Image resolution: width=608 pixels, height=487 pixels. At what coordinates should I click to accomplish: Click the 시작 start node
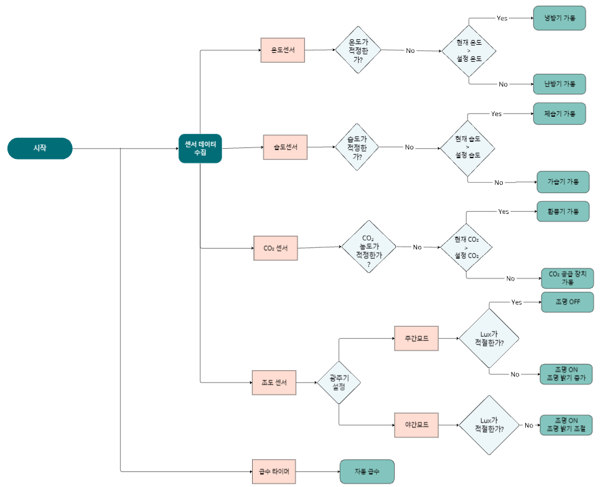point(40,148)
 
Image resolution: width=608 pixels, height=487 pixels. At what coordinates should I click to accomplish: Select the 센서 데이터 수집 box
point(200,149)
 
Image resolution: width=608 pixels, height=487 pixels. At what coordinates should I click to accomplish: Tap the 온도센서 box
point(283,50)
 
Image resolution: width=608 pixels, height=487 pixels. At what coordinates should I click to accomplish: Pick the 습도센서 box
point(285,147)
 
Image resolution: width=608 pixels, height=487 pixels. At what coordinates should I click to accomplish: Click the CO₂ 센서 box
point(276,248)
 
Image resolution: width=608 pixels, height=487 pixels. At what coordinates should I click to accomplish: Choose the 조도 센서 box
point(274,382)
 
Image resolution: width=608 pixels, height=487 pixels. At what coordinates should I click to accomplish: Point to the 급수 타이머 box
point(274,471)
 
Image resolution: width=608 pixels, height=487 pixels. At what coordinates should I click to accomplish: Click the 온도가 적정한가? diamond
point(358,50)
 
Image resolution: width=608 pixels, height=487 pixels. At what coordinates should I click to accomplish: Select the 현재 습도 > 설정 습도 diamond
point(467,147)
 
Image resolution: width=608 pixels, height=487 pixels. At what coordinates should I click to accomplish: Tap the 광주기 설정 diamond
point(339,382)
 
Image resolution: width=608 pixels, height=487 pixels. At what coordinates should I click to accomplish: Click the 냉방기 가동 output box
point(560,18)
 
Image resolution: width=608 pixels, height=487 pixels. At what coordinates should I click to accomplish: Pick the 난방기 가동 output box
point(560,84)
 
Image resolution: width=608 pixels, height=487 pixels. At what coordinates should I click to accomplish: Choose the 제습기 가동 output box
point(560,113)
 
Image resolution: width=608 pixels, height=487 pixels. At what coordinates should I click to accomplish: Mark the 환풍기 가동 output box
point(563,211)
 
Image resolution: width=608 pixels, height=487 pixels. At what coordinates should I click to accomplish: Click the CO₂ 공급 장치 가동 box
point(567,278)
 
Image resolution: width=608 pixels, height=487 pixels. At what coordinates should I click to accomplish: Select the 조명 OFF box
point(567,302)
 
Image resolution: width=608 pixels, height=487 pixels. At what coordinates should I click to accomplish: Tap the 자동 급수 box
point(368,471)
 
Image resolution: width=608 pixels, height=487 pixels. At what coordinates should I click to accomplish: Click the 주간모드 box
point(416,338)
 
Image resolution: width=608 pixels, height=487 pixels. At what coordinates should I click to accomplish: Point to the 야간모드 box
point(416,425)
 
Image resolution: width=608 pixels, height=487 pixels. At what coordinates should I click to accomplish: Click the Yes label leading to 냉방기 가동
point(502,18)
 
